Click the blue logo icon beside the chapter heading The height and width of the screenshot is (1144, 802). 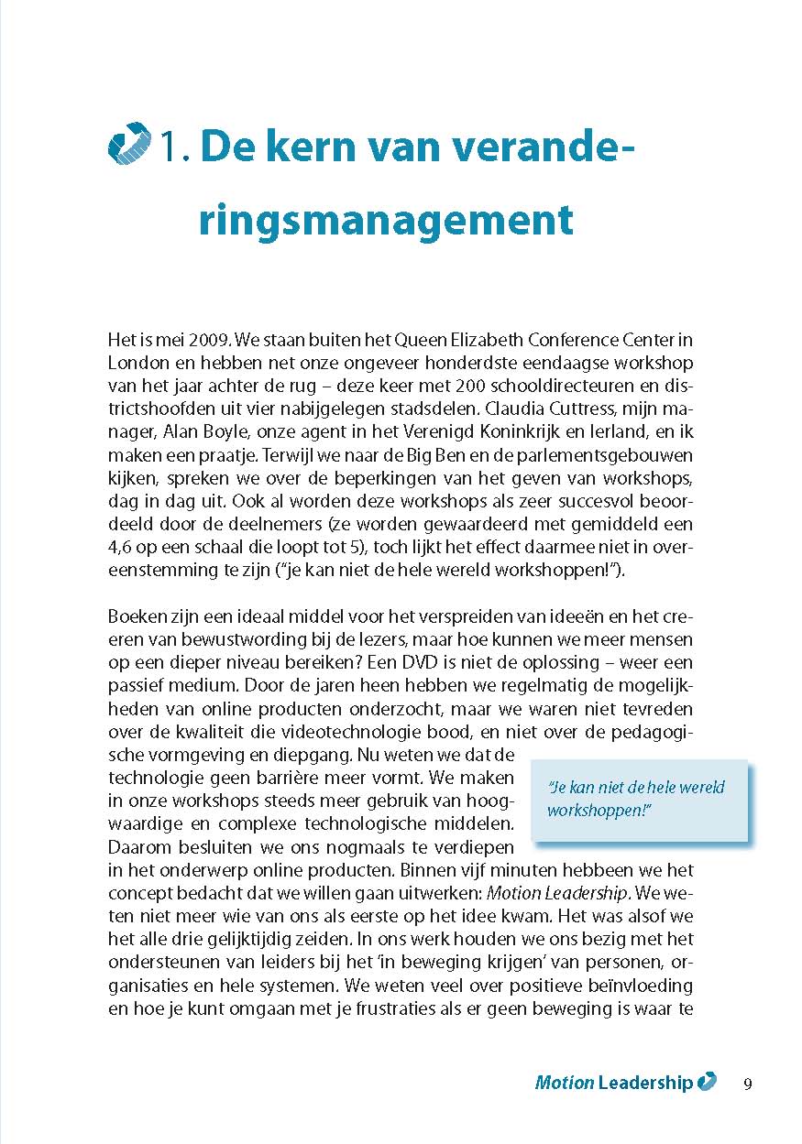[x=129, y=144]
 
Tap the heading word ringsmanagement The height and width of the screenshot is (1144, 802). [x=386, y=219]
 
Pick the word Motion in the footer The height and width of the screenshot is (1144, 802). [x=564, y=1083]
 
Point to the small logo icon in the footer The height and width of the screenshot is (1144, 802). [x=707, y=1082]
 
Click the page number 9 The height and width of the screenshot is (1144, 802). [x=748, y=1084]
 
